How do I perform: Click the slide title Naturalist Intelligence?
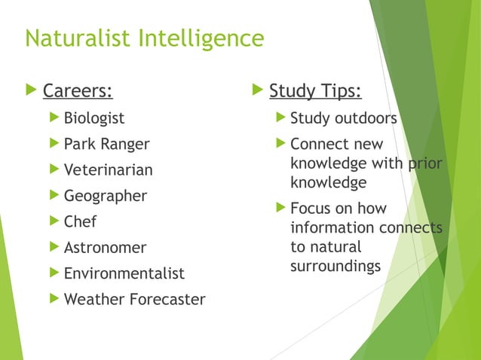click(144, 38)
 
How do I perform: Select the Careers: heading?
click(78, 93)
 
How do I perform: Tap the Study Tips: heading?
click(315, 92)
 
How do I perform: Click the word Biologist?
click(94, 118)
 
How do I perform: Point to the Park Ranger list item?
click(106, 144)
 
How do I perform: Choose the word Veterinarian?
click(108, 170)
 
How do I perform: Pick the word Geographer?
click(106, 196)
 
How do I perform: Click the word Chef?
click(80, 222)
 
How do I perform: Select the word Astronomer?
click(105, 248)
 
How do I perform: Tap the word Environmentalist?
click(124, 273)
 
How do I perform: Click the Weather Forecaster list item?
click(134, 300)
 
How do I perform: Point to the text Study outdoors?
click(343, 118)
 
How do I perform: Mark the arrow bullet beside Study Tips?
click(256, 92)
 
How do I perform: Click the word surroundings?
click(335, 267)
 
